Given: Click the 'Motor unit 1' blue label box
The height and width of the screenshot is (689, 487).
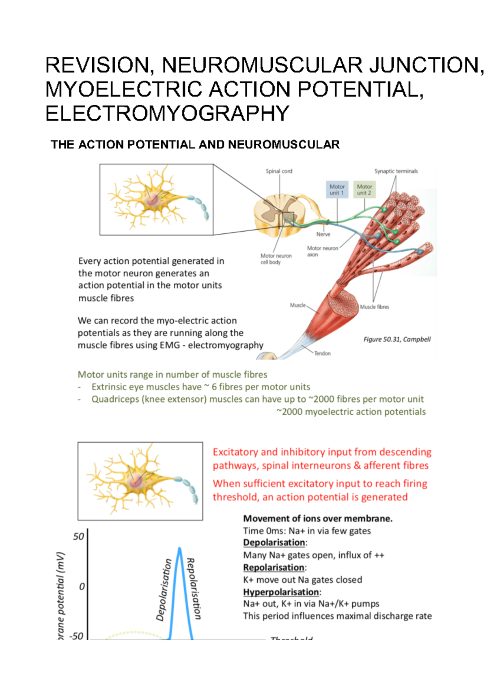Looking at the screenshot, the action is click(336, 189).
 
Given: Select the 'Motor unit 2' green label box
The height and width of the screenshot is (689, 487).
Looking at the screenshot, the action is click(364, 189).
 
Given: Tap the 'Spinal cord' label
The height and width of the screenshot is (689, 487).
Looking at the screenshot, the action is click(279, 171).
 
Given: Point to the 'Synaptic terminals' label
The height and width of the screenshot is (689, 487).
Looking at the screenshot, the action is click(396, 171).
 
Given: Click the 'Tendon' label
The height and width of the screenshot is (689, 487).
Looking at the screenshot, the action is click(322, 353).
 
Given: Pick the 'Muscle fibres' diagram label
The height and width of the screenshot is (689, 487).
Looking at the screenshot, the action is click(375, 307).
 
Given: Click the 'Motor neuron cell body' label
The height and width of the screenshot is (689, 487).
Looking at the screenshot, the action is click(276, 259).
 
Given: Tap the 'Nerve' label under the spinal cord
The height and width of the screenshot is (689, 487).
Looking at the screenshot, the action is click(323, 235).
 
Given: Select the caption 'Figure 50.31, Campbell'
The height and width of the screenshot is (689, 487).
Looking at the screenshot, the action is click(397, 339).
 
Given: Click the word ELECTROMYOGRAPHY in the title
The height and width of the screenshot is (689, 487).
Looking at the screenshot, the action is click(167, 114).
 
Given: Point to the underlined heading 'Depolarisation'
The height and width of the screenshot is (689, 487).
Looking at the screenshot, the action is click(274, 543).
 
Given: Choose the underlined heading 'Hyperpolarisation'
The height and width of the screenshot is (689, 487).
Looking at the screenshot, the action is click(281, 592).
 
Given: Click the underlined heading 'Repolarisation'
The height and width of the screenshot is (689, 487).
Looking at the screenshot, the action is click(274, 567).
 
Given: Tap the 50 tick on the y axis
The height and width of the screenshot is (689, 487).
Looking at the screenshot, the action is click(79, 536).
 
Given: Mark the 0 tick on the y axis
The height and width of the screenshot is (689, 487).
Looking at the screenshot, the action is click(82, 586).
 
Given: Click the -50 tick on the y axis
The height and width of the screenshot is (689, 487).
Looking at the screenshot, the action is click(76, 636).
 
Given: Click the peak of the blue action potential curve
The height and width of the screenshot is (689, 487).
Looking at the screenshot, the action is click(179, 549).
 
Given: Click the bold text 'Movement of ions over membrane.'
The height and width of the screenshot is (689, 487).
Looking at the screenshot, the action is click(318, 518).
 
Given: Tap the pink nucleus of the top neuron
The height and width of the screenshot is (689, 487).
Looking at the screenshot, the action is click(153, 200).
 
